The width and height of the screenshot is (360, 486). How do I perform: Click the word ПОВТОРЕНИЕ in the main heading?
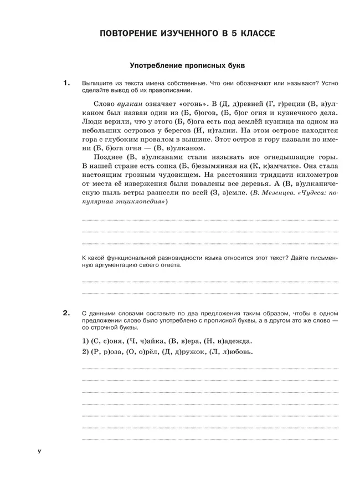point(129,34)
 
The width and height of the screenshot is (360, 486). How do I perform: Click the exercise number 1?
point(66,83)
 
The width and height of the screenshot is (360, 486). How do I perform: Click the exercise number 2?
point(66,314)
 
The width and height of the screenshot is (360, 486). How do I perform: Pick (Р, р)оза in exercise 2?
point(105,352)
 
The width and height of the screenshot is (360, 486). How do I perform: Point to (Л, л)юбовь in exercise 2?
point(227,352)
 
